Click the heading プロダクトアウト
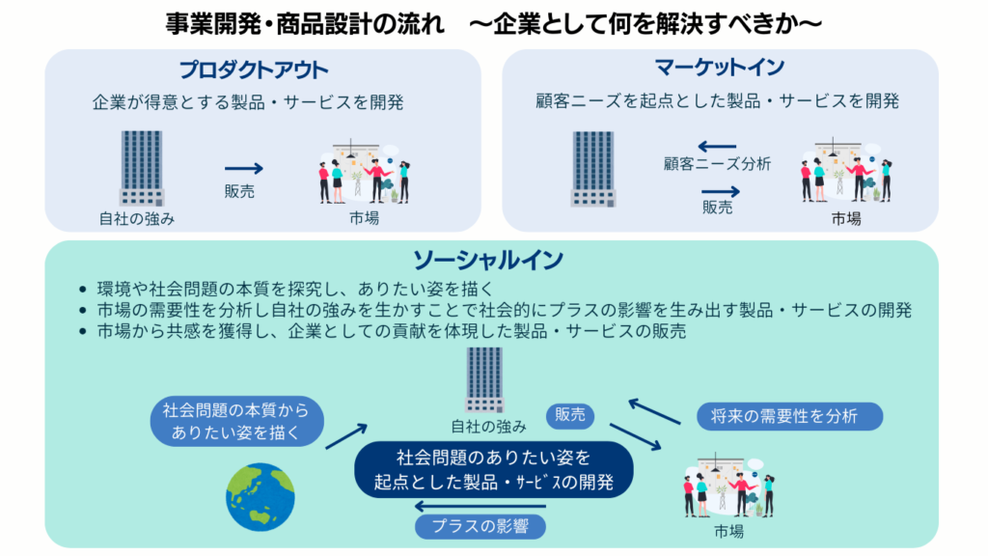pyautogui.click(x=254, y=70)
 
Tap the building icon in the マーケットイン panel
pyautogui.click(x=592, y=168)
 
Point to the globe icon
pyautogui.click(x=260, y=498)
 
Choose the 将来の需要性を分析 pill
pyautogui.click(x=789, y=416)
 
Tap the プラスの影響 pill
pyautogui.click(x=480, y=527)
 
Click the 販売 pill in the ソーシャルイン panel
pyautogui.click(x=569, y=416)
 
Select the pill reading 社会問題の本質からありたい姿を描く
pyautogui.click(x=236, y=422)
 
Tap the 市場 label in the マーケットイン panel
pyautogui.click(x=846, y=219)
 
